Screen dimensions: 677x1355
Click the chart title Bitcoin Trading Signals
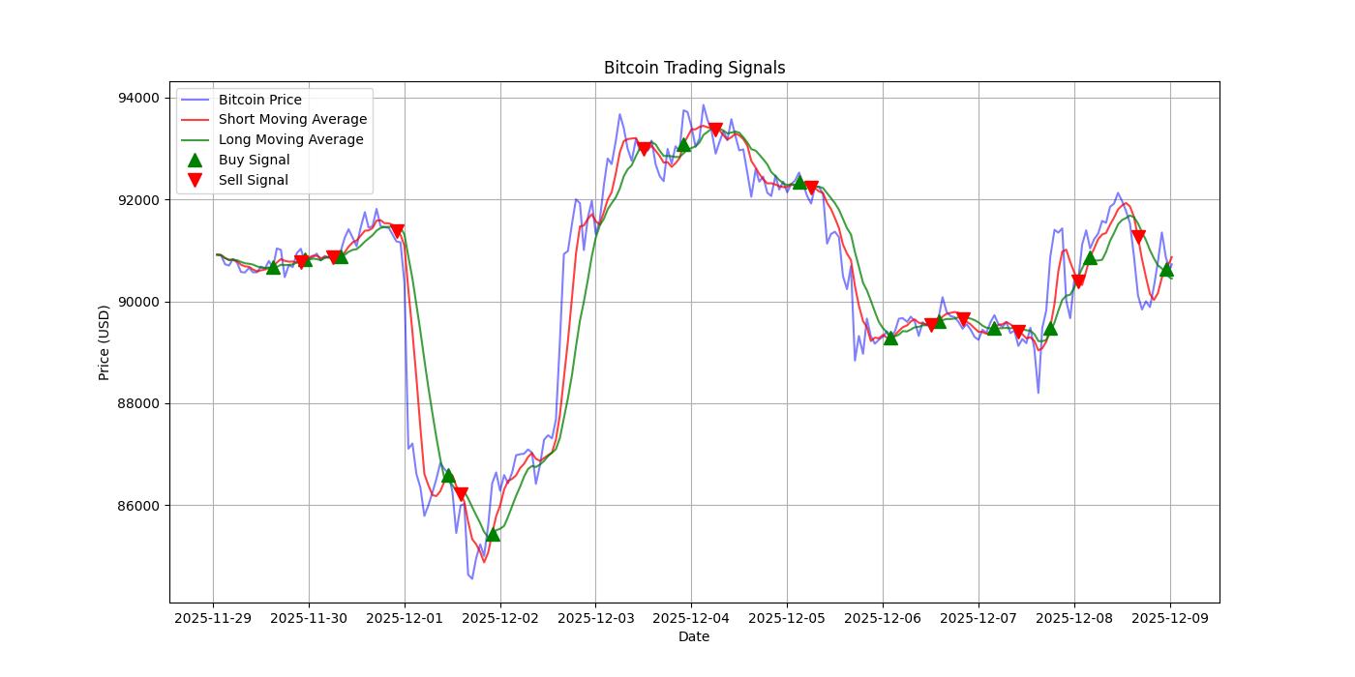tap(694, 68)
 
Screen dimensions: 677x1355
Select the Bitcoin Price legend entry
tap(259, 100)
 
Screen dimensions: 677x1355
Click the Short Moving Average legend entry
tap(292, 120)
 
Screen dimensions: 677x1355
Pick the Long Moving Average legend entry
tap(290, 139)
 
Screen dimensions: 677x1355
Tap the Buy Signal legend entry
tap(254, 160)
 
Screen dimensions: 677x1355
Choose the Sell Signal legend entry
tap(253, 180)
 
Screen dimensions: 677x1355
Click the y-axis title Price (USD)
tap(105, 342)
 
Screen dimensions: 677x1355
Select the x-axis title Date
tap(694, 636)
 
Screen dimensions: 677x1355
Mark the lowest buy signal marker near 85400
tap(493, 534)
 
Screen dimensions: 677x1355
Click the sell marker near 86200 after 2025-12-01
tap(461, 494)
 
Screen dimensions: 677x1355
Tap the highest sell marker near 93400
tap(715, 130)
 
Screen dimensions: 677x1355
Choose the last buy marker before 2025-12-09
tap(1166, 270)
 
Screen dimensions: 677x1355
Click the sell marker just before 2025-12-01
tap(397, 231)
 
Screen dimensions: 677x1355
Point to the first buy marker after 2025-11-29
tap(273, 267)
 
